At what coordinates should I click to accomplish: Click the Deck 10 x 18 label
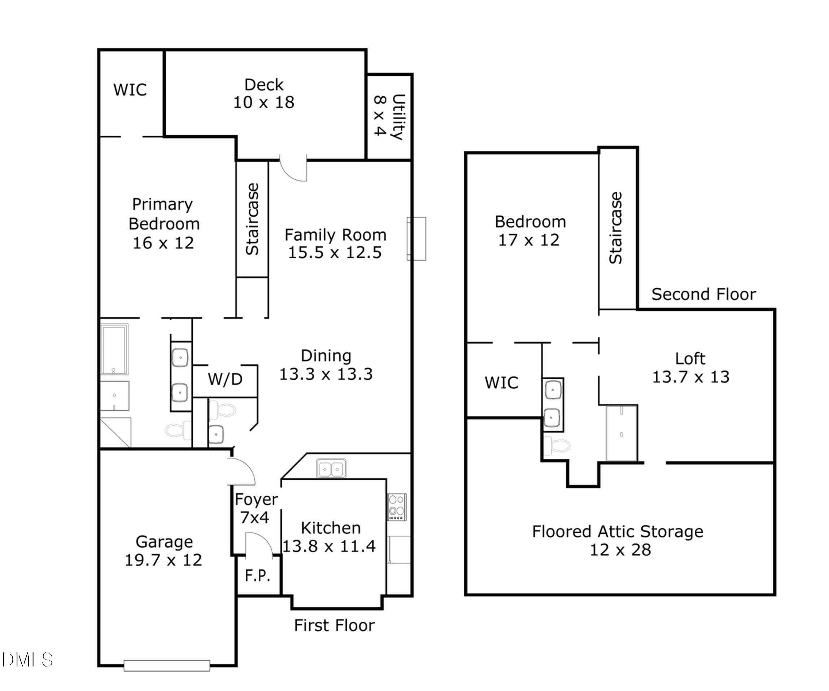pos(264,93)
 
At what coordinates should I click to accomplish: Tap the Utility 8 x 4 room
pos(389,117)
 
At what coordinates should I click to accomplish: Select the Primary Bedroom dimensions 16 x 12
pos(163,243)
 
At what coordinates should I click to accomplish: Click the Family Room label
pos(335,235)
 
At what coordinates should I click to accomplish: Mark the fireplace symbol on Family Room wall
pos(416,239)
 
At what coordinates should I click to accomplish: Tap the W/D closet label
pos(225,379)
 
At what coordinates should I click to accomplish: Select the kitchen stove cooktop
pos(396,507)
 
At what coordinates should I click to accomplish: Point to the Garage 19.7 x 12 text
pos(163,551)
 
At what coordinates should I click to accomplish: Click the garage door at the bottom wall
pos(167,665)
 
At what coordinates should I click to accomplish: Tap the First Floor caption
pos(334,625)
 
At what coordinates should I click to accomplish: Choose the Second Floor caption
pos(703,295)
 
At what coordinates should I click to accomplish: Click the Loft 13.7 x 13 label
pos(690,367)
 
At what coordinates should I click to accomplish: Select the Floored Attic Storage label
pos(618,532)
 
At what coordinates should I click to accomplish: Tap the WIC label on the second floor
pos(501,383)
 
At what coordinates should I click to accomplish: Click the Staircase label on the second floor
pos(616,228)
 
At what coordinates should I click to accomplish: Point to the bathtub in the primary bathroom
pos(114,349)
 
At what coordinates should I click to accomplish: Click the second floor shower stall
pos(621,433)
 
